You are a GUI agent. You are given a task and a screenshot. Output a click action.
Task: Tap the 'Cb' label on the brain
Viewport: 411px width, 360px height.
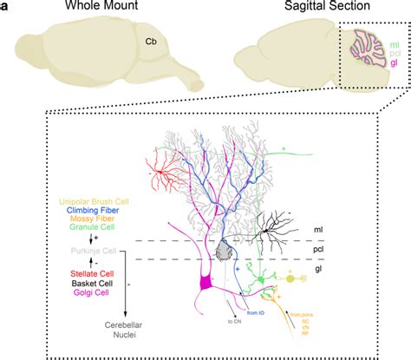coord(150,37)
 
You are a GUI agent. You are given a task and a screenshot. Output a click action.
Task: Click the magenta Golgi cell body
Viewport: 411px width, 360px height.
coord(207,283)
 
